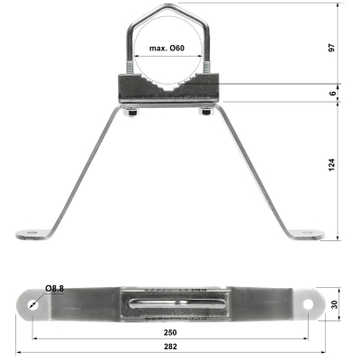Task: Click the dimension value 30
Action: coord(334,304)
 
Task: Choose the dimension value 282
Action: coord(171,350)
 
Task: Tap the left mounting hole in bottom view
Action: coord(33,304)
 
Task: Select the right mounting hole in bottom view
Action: coord(309,304)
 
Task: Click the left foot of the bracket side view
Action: coord(34,234)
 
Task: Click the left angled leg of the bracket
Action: coord(85,171)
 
